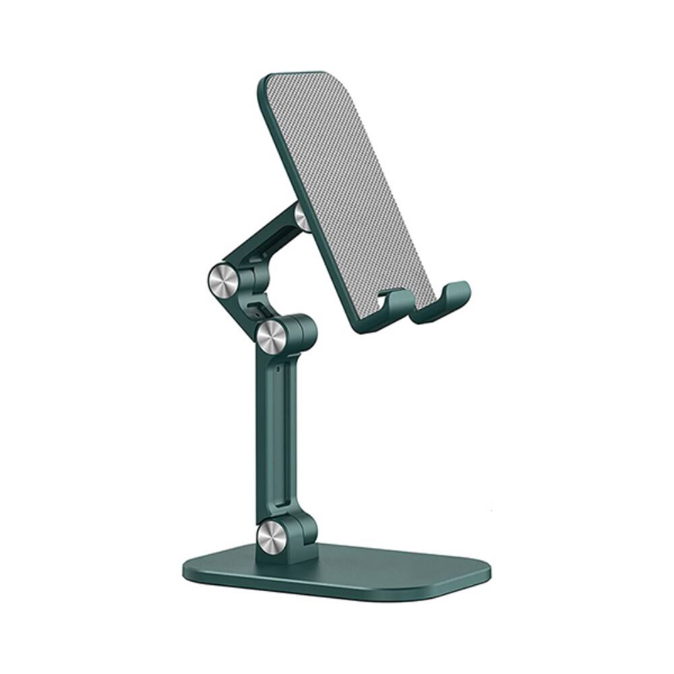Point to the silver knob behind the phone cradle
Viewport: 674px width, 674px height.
(303, 217)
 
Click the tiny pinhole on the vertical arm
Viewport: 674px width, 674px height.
(278, 369)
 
